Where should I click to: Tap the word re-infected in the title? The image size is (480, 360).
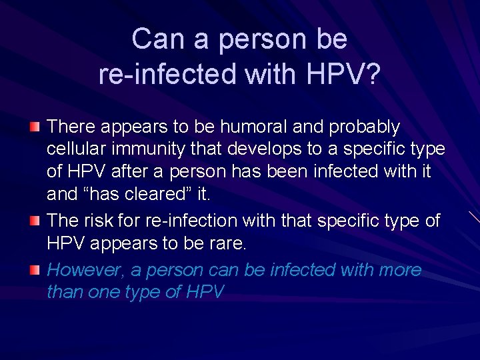(167, 74)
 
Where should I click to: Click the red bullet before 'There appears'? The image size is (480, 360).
(34, 126)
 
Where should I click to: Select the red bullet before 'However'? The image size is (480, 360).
(34, 269)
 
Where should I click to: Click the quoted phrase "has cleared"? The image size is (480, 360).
(137, 195)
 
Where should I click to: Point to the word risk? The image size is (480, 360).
(104, 221)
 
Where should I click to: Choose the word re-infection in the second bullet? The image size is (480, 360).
(191, 221)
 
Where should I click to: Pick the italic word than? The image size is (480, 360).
(65, 292)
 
